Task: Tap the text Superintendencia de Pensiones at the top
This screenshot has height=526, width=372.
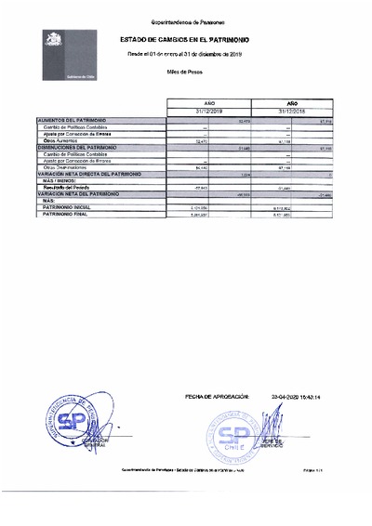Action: (191, 18)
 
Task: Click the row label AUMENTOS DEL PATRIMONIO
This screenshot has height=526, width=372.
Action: (71, 121)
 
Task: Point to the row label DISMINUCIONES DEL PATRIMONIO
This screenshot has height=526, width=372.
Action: (77, 147)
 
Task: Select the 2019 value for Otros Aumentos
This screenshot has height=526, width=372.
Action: (197, 141)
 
